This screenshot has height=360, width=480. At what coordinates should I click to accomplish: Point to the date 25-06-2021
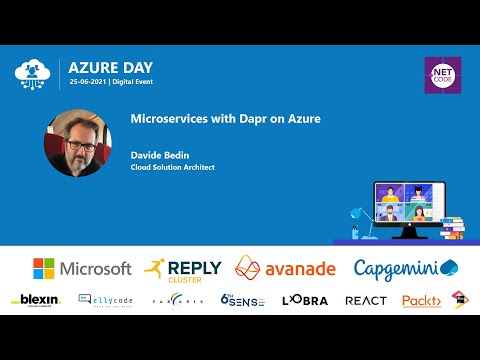pos(88,81)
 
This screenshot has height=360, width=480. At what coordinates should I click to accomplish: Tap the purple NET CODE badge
pos(440,74)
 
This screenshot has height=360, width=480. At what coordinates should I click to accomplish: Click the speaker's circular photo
pos(77,142)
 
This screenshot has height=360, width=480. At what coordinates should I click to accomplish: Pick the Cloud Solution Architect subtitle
pos(172,167)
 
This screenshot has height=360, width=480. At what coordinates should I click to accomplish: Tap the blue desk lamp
pos(356,222)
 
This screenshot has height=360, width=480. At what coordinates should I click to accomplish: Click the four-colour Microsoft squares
pos(45,268)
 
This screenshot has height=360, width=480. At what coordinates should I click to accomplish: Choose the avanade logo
pos(287,268)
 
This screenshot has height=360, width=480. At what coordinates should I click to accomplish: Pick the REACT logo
pos(365,300)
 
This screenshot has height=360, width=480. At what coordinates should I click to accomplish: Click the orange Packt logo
pos(421,300)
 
